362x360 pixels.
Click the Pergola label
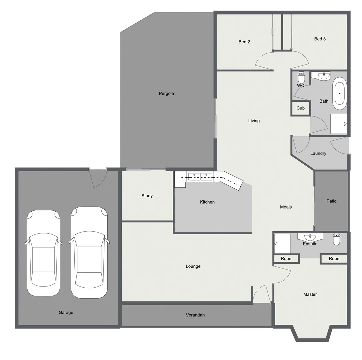pyautogui.click(x=166, y=94)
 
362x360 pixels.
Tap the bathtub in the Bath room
pyautogui.click(x=339, y=93)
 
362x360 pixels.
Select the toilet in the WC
pyautogui.click(x=301, y=78)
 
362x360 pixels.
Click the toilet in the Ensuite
pyautogui.click(x=336, y=239)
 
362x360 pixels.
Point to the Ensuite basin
pyautogui.click(x=310, y=237)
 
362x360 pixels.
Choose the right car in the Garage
pyautogui.click(x=89, y=252)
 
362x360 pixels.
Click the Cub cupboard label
pyautogui.click(x=300, y=108)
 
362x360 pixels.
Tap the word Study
pyautogui.click(x=147, y=196)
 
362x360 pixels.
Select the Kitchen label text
pyautogui.click(x=207, y=202)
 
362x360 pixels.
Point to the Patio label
pyautogui.click(x=331, y=201)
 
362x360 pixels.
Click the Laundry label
pyautogui.click(x=318, y=153)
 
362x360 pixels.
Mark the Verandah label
pyautogui.click(x=195, y=315)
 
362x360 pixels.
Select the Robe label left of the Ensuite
pyautogui.click(x=286, y=259)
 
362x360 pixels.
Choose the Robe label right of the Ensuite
pyautogui.click(x=334, y=259)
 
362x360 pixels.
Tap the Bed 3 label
pyautogui.click(x=320, y=39)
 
